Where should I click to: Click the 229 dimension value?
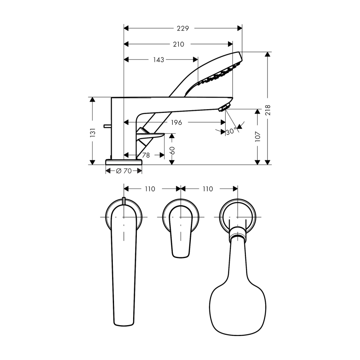[183, 28]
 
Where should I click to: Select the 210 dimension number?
[178, 44]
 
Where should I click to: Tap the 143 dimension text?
[159, 60]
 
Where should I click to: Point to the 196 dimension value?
[176, 122]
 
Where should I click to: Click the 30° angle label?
[231, 132]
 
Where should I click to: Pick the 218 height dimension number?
[268, 110]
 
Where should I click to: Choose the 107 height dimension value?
[258, 137]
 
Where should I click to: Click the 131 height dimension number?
[92, 133]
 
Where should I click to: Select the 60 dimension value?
[172, 150]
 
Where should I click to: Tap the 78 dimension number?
[146, 156]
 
